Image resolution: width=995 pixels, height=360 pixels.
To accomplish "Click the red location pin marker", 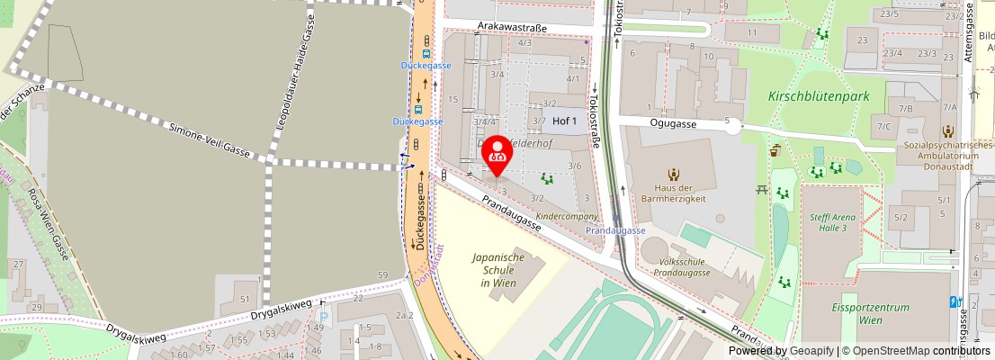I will (497, 156).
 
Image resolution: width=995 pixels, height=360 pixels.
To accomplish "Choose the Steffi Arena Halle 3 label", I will (828, 221).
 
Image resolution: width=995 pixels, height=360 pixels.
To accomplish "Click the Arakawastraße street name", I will (514, 27).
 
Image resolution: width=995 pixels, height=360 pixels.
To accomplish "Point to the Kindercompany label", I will (566, 217).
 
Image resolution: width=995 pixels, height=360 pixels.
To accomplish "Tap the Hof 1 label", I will (564, 121).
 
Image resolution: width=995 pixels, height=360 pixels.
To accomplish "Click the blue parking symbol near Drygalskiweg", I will (324, 317).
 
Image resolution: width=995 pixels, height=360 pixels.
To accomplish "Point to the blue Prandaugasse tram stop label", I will (615, 231).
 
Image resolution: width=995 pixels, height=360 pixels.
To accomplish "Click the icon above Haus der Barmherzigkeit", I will (673, 174).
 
